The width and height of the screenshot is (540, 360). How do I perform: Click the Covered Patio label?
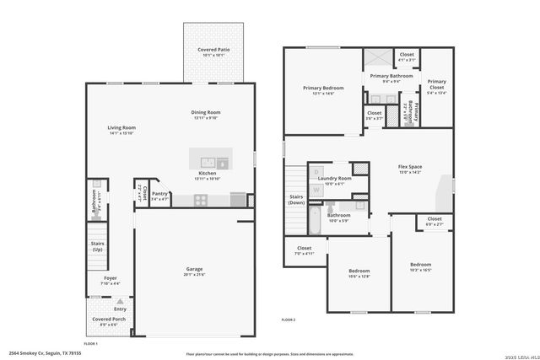tap(213, 50)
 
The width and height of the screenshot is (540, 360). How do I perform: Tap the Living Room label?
tap(121, 127)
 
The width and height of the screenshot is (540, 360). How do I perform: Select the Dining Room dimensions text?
tap(206, 118)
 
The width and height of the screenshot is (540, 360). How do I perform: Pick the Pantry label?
tap(160, 194)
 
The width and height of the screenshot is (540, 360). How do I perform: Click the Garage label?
tap(194, 269)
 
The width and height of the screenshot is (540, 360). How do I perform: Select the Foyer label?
tap(111, 277)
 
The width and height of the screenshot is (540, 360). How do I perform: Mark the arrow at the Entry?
tap(120, 301)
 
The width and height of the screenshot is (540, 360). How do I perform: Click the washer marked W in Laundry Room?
tap(316, 190)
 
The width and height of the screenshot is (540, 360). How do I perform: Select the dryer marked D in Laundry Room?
tap(316, 172)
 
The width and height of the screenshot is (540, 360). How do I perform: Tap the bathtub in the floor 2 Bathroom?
tap(315, 221)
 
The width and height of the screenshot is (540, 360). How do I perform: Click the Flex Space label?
tap(410, 166)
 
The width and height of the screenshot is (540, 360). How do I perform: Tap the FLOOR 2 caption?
tap(289, 320)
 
